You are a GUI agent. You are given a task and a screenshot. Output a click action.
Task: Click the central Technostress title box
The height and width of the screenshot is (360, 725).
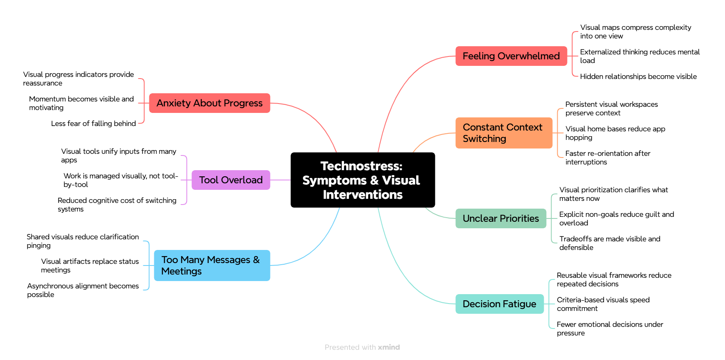[362, 180]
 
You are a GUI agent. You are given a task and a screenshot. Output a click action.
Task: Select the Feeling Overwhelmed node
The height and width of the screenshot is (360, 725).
[511, 56]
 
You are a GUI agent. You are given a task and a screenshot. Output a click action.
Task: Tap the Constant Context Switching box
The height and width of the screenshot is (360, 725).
[504, 133]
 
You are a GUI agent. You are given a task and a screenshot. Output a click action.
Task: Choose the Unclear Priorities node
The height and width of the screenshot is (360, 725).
[501, 218]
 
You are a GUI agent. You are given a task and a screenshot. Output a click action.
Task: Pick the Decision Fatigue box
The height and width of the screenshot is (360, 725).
[499, 304]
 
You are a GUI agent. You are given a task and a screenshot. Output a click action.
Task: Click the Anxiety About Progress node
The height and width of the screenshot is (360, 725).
[209, 103]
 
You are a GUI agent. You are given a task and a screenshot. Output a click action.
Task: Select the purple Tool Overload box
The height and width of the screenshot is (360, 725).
[231, 180]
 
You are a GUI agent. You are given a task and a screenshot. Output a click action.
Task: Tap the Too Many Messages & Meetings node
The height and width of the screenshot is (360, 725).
[212, 265]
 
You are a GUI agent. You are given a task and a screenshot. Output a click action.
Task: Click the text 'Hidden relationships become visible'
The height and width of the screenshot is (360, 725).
[638, 76]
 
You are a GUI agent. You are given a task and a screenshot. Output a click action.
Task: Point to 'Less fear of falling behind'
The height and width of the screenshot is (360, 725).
[93, 124]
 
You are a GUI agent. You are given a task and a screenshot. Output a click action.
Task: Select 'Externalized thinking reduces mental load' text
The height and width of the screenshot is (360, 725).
[639, 56]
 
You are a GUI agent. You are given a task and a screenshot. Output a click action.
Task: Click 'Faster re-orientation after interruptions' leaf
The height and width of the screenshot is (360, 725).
[608, 157]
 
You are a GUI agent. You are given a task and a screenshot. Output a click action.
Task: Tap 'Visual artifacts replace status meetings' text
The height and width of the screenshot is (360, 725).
[90, 265]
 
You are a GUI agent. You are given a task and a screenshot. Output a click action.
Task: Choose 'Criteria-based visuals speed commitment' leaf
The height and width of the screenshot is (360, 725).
[603, 304]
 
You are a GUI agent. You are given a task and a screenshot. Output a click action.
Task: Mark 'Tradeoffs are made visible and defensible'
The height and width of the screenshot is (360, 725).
[610, 243]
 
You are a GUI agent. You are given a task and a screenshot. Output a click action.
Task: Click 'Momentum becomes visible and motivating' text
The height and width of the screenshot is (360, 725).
[81, 103]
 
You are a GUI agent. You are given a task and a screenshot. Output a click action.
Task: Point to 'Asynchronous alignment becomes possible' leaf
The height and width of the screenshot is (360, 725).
[83, 290]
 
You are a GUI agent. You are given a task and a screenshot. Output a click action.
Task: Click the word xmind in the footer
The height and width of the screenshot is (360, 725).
[389, 347]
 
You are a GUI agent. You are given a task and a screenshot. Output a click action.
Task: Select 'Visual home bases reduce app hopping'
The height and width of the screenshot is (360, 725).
[615, 133]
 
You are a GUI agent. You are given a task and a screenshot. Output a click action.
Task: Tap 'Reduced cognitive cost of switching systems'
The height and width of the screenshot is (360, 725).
[117, 205]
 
